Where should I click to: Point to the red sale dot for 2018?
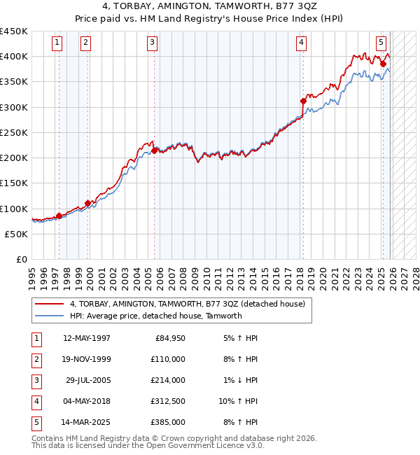(303, 101)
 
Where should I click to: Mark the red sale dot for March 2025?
(383, 64)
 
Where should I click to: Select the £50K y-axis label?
(17, 234)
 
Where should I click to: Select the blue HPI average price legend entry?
(155, 316)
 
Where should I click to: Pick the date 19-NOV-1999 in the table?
(87, 359)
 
